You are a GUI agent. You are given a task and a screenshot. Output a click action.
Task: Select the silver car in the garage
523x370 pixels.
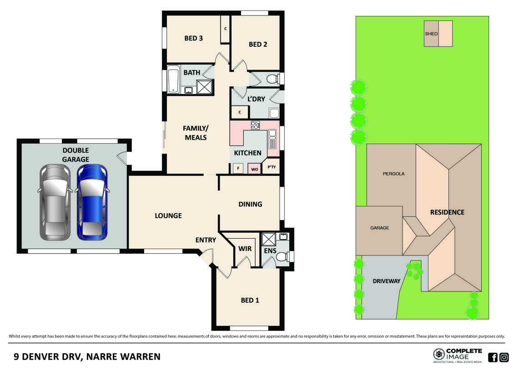tap(55, 202)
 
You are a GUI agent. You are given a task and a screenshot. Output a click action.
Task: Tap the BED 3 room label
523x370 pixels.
tap(193, 38)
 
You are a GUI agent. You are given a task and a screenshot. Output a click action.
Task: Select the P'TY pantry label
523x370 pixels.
tap(272, 168)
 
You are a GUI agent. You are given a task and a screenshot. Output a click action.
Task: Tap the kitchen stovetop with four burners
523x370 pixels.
tap(255, 125)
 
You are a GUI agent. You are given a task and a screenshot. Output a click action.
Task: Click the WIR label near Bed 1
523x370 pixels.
tap(245, 249)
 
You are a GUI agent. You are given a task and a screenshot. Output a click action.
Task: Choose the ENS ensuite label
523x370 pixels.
tap(270, 250)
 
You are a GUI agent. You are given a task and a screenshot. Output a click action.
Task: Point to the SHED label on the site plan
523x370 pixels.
tap(431, 34)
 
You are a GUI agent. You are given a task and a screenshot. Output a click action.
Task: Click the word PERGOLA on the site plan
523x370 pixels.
tap(393, 174)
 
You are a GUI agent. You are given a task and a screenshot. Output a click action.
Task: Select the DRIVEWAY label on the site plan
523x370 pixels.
tap(387, 281)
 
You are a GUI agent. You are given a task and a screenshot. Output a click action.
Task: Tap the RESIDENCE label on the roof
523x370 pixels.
tap(448, 212)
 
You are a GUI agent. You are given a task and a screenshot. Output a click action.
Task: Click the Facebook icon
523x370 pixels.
tap(493, 357)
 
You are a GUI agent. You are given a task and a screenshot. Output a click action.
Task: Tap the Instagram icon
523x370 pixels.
tap(504, 357)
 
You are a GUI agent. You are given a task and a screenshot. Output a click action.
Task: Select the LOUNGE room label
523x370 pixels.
tap(168, 215)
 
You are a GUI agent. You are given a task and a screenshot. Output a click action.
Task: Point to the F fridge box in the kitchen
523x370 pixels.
tap(237, 169)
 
